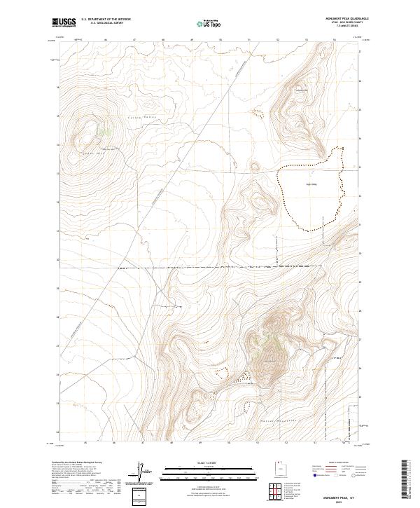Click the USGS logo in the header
pos(64,23)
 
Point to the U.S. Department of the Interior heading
pos(106,19)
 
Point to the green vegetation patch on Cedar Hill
pos(106,130)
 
